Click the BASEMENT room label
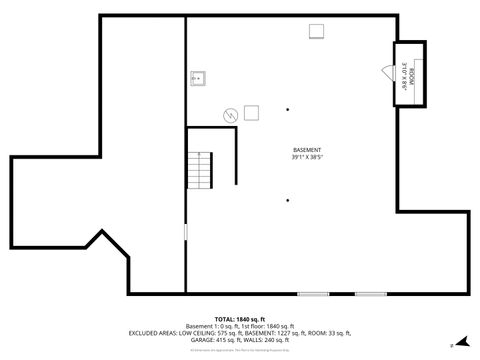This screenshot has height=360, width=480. pos(307,149)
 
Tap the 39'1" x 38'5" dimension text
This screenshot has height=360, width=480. pos(307,157)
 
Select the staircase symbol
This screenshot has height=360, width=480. pos(204,170)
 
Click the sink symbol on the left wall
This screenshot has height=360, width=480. pos(198,77)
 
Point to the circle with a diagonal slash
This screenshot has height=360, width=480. pos(231,114)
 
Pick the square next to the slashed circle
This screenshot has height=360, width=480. pos(251,112)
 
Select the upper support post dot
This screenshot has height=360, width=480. pos(288,109)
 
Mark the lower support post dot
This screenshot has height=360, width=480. pos(288,200)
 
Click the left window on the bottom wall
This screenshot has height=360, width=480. pos(313,294)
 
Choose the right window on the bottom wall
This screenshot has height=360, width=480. pos(371,294)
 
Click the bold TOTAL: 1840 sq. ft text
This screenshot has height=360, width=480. pos(239,318)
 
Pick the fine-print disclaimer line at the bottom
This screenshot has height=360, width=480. pos(240,350)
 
